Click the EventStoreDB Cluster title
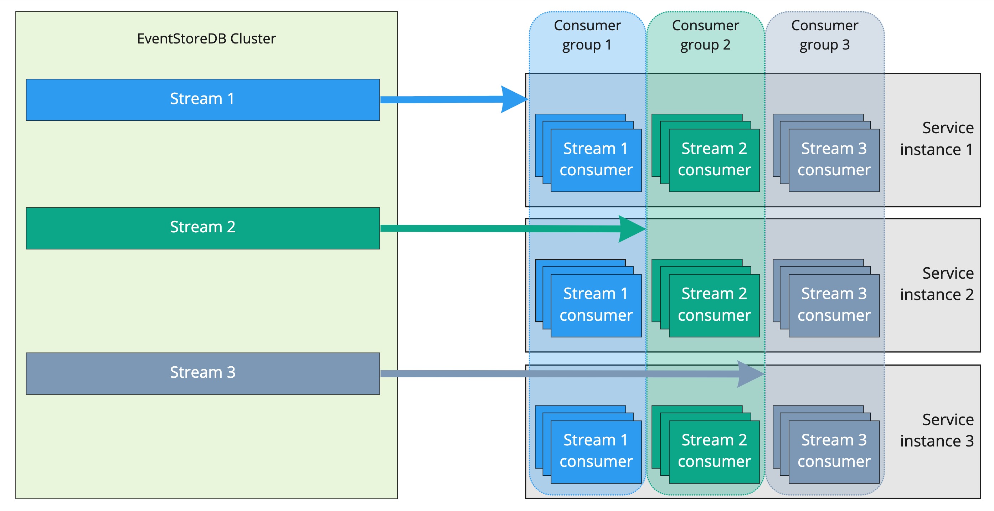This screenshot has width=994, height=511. pyautogui.click(x=206, y=38)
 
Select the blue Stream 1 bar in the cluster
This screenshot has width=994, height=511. pyautogui.click(x=202, y=99)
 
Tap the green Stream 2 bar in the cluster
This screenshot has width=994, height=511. pyautogui.click(x=202, y=228)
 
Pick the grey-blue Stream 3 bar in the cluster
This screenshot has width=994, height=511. pyautogui.click(x=202, y=373)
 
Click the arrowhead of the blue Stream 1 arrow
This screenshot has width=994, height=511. pyautogui.click(x=515, y=99)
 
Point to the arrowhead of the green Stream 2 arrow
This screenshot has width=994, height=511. pyautogui.click(x=633, y=229)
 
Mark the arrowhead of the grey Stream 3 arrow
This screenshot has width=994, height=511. pyautogui.click(x=751, y=373)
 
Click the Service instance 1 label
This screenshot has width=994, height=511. pyautogui.click(x=937, y=139)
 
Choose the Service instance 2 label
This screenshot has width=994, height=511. pyautogui.click(x=937, y=284)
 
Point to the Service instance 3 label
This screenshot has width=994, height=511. pyautogui.click(x=937, y=430)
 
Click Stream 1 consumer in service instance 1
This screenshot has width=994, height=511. pyautogui.click(x=596, y=160)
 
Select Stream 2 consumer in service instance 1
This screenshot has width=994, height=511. pyautogui.click(x=714, y=160)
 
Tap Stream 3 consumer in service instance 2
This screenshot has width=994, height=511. pyautogui.click(x=834, y=305)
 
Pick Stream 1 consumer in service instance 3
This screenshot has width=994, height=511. pyautogui.click(x=596, y=451)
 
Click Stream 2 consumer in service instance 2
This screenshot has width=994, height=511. pyautogui.click(x=714, y=305)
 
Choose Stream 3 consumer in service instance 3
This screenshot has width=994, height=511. pyautogui.click(x=834, y=451)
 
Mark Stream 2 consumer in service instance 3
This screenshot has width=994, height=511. pyautogui.click(x=714, y=451)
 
